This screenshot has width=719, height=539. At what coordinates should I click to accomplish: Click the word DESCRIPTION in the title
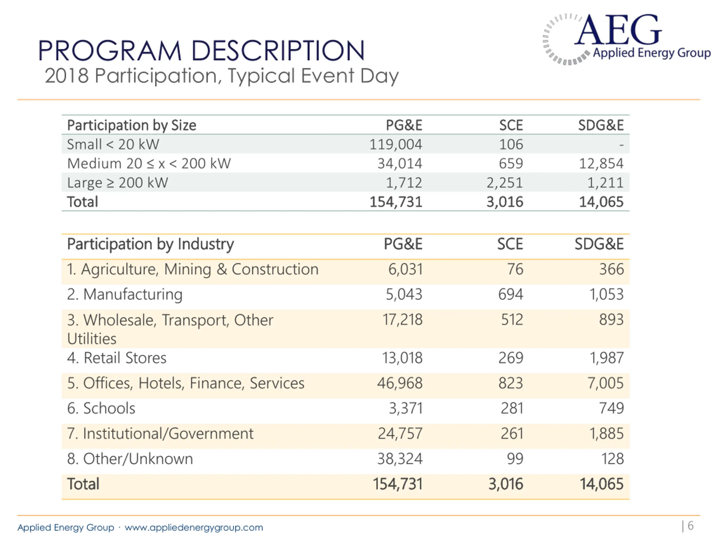pyautogui.click(x=278, y=51)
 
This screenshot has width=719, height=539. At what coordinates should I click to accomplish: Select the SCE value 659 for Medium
pyautogui.click(x=511, y=163)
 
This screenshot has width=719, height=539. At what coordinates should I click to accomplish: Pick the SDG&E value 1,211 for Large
pyautogui.click(x=605, y=182)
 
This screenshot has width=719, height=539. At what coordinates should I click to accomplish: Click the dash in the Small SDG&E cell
pyautogui.click(x=621, y=145)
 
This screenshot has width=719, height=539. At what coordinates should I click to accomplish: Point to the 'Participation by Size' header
pyautogui.click(x=132, y=125)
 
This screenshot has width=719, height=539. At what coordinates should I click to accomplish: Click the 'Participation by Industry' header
pyautogui.click(x=151, y=244)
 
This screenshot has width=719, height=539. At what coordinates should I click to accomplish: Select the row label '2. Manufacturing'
pyautogui.click(x=125, y=295)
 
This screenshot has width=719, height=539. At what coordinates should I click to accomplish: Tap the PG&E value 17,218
pyautogui.click(x=402, y=320)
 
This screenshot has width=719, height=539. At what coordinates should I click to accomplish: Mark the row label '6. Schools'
pyautogui.click(x=101, y=408)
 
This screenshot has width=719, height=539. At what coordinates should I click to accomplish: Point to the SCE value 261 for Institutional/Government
pyautogui.click(x=512, y=434)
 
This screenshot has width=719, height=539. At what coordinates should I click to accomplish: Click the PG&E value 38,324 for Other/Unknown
pyautogui.click(x=400, y=459)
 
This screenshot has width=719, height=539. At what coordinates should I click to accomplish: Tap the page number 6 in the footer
pyautogui.click(x=690, y=526)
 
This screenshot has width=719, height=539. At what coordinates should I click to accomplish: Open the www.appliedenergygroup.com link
pyautogui.click(x=194, y=527)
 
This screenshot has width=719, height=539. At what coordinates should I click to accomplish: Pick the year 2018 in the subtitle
pyautogui.click(x=67, y=76)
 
